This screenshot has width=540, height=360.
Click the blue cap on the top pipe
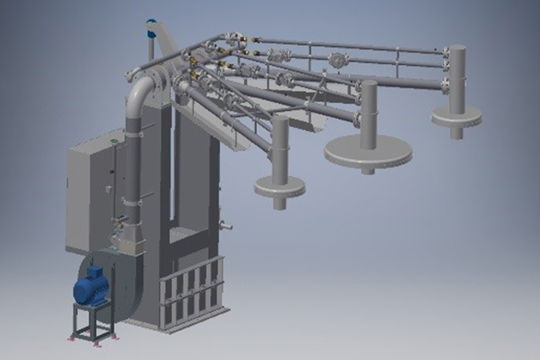(x=151, y=23)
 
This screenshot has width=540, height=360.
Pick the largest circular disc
(x=368, y=152)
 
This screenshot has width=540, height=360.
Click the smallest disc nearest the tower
(x=279, y=187)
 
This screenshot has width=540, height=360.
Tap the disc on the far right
(x=456, y=117)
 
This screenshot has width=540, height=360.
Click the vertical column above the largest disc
(x=369, y=113)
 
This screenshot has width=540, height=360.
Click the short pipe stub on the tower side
(x=227, y=226)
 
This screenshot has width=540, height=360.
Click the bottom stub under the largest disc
(x=368, y=171)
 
